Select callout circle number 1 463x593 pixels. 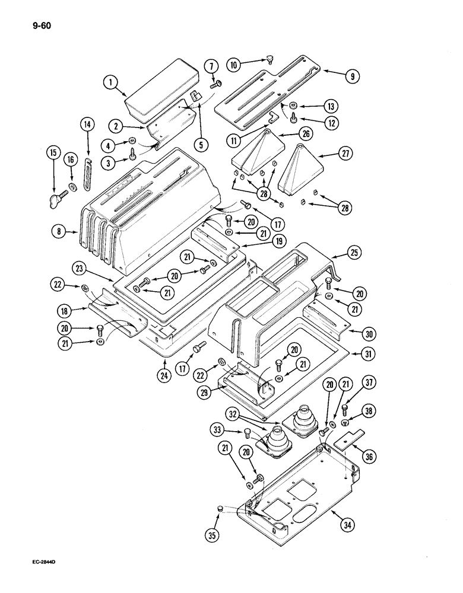(x=110, y=85)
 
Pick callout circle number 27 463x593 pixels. (x=344, y=154)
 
